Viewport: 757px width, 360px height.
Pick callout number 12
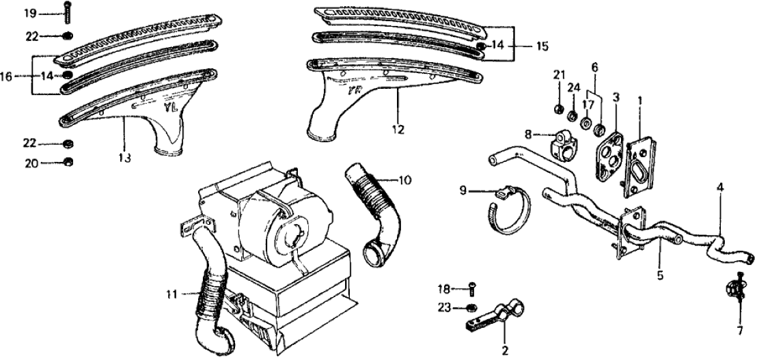pyautogui.click(x=398, y=128)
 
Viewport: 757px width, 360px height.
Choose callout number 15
pyautogui.click(x=542, y=46)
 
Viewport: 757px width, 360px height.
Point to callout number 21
pyautogui.click(x=558, y=73)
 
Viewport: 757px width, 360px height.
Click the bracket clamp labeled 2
pyautogui.click(x=493, y=314)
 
